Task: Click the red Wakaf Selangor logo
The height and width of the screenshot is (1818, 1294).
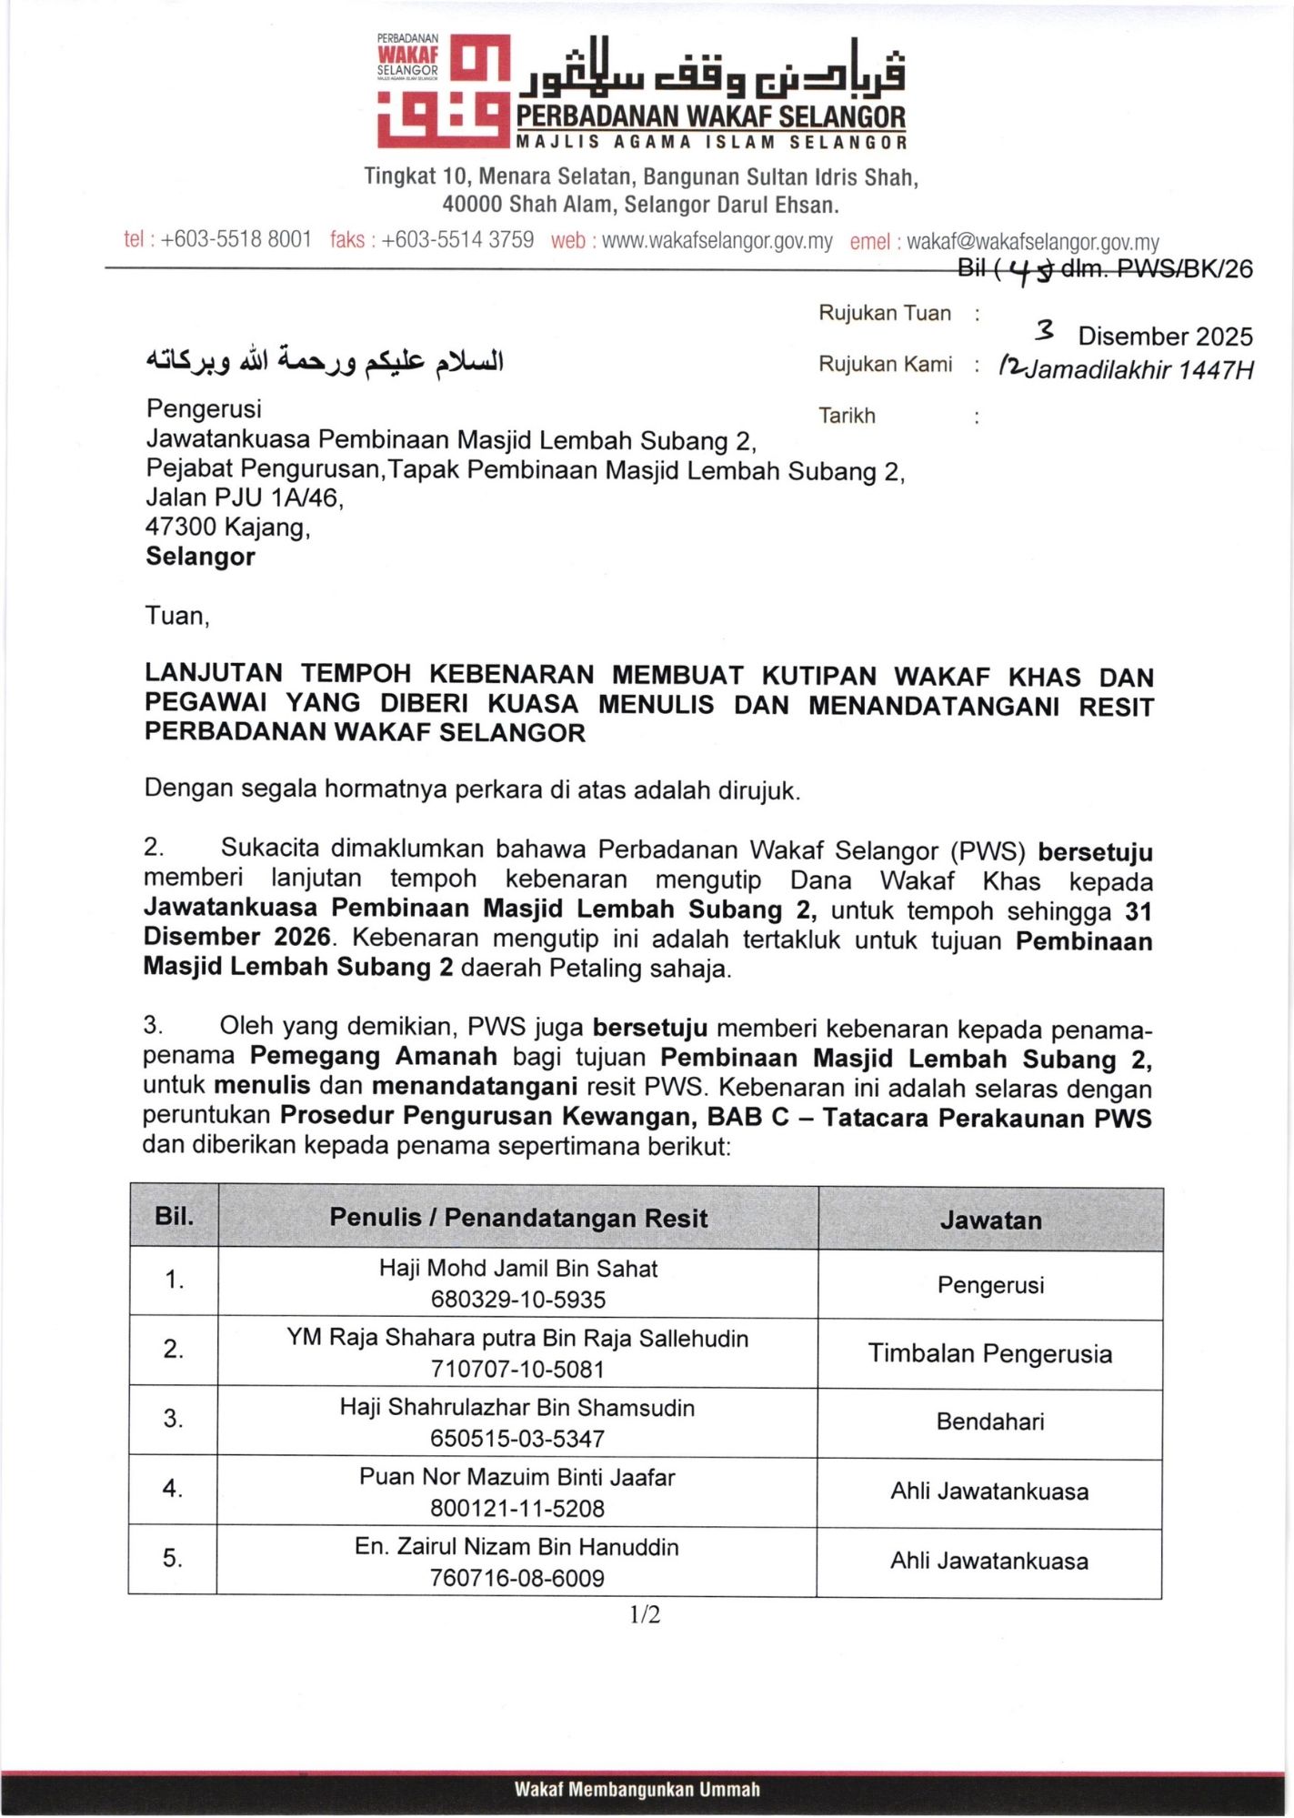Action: point(444,92)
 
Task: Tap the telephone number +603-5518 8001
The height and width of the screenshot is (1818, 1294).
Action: point(236,240)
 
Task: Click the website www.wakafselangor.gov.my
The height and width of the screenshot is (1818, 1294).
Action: point(717,241)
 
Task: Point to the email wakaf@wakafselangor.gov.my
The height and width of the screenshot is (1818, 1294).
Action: point(1033,242)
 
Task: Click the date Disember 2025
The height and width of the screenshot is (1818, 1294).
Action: point(1165,336)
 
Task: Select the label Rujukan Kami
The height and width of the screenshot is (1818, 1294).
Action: point(885,365)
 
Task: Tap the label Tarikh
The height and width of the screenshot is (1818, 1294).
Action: point(847,416)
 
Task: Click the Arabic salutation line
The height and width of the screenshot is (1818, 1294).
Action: point(325,361)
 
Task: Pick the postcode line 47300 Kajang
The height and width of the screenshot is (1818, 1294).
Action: point(228,527)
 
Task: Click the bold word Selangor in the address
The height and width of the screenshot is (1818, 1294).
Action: point(200,557)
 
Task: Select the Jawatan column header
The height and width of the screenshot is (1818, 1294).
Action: point(990,1220)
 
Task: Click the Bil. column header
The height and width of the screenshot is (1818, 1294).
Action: point(174,1216)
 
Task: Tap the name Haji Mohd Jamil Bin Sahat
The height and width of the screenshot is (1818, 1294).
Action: point(518,1268)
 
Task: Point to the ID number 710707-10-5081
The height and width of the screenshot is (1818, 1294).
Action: point(517,1369)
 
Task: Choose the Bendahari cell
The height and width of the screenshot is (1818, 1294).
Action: point(989,1421)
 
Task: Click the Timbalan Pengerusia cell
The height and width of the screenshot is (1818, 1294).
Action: point(989,1353)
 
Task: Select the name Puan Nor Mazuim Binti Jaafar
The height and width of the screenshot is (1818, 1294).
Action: point(517,1477)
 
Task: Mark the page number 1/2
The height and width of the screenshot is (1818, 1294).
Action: point(645,1614)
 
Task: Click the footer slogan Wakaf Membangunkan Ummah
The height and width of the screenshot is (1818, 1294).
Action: point(637,1790)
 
